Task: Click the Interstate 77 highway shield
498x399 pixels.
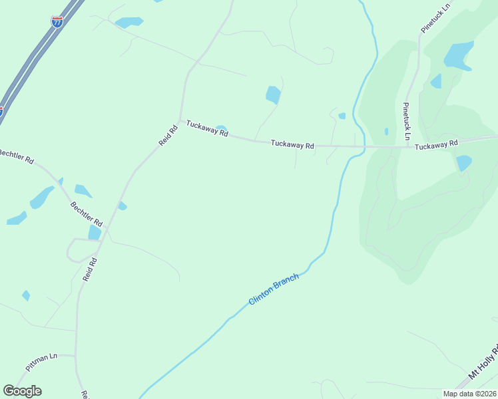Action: (x=57, y=22)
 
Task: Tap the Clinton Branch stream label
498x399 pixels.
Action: (x=274, y=290)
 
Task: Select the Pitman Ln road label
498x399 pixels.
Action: (x=42, y=361)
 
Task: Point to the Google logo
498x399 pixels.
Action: (x=22, y=391)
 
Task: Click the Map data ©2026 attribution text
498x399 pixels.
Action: (x=470, y=394)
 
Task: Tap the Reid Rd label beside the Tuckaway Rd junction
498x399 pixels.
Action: (x=168, y=136)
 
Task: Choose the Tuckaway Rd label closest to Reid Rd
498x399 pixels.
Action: (x=207, y=128)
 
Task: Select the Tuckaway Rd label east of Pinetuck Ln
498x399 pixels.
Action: (x=436, y=144)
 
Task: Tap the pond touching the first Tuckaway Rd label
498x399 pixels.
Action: (x=221, y=128)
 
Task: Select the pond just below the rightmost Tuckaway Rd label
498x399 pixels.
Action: (x=463, y=162)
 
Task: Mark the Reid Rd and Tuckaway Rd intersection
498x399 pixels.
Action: (x=180, y=120)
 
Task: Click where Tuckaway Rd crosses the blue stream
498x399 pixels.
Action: (x=364, y=146)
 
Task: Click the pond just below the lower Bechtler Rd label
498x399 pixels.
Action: (x=95, y=233)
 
